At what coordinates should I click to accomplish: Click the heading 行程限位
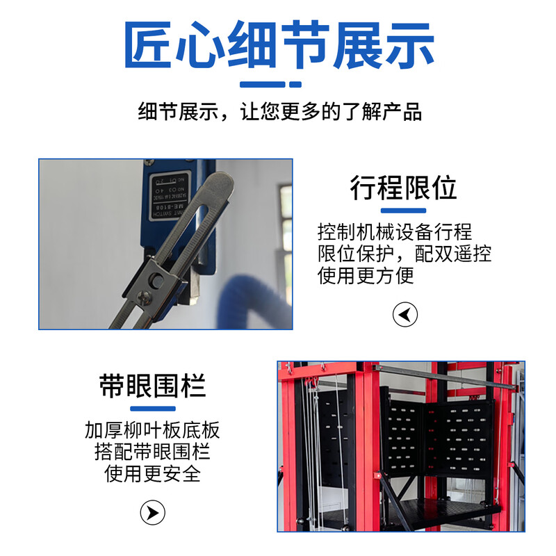(403, 188)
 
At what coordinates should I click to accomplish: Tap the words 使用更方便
(366, 275)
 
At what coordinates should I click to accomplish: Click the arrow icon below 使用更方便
(404, 315)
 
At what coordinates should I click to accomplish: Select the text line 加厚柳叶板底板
(152, 430)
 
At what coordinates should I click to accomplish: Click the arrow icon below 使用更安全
(153, 513)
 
